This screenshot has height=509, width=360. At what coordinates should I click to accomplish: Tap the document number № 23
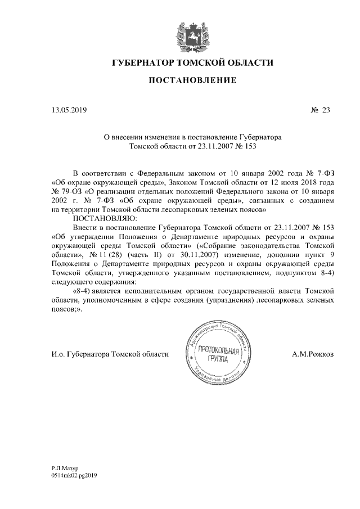pos(319,110)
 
